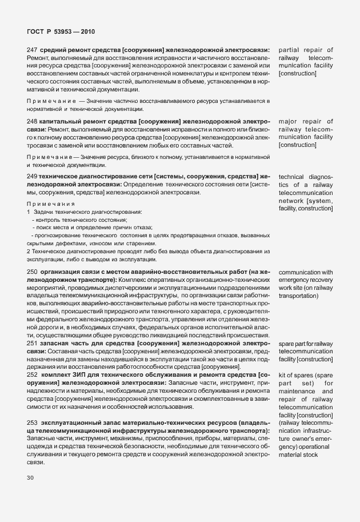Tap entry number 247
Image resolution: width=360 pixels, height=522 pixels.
[32, 50]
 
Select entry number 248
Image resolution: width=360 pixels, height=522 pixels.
[32, 122]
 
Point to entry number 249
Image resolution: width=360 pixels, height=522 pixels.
[32, 177]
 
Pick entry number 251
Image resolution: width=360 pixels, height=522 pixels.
[32, 342]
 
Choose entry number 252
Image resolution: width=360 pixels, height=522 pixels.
[32, 374]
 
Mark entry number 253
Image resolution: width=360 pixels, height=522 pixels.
[32, 422]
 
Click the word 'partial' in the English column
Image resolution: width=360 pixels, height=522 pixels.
[289, 50]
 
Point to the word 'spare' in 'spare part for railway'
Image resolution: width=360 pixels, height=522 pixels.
[287, 342]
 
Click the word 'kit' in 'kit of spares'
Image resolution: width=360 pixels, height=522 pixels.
[282, 374]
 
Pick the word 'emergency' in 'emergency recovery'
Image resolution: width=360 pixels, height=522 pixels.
[295, 281]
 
